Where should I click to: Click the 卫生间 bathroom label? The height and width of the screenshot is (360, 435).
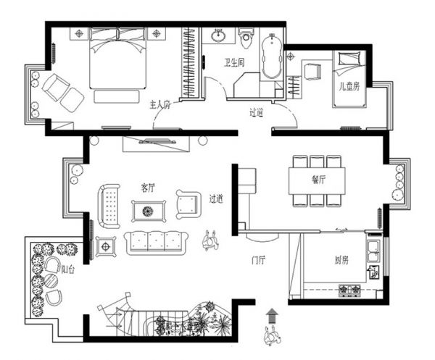[234, 63]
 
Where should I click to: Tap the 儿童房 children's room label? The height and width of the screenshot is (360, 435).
[349, 86]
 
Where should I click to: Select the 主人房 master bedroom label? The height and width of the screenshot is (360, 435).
[160, 105]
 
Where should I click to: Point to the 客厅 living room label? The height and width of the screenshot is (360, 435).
[148, 188]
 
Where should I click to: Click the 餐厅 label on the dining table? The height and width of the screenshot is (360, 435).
[318, 180]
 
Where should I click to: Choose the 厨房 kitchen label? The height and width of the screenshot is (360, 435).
[341, 260]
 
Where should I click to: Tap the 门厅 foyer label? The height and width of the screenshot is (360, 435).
[258, 260]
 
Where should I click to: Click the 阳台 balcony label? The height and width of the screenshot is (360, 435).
[67, 269]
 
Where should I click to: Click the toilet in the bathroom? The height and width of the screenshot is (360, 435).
[246, 38]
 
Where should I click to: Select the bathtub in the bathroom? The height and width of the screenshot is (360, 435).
[272, 56]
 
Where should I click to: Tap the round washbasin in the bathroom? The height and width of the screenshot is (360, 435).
[219, 35]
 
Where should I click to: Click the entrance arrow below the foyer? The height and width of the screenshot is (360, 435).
[272, 316]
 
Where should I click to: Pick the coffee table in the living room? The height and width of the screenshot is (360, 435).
[149, 212]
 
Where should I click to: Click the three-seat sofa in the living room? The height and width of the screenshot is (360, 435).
[156, 243]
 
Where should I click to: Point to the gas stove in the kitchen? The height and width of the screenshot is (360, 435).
[349, 289]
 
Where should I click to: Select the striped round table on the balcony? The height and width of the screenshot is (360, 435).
[51, 281]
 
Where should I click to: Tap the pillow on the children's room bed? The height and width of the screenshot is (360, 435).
[350, 59]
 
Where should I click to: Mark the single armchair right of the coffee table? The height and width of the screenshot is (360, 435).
[188, 204]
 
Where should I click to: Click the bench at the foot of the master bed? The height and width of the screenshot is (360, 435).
[117, 97]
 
